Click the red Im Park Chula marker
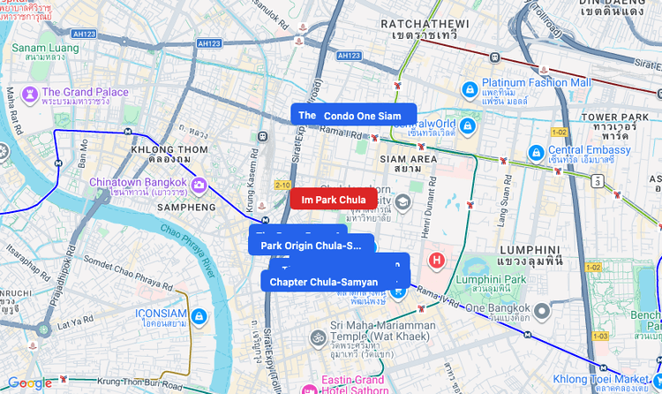pyautogui.click(x=333, y=200)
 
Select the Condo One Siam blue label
pyautogui.click(x=362, y=116)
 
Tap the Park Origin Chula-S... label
pyautogui.click(x=312, y=245)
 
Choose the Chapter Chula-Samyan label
pyautogui.click(x=324, y=282)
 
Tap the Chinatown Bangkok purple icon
pyautogui.click(x=199, y=185)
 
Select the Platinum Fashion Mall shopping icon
pyautogui.click(x=471, y=88)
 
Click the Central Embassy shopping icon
pyautogui.click(x=535, y=153)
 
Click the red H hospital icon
pyautogui.click(x=436, y=261)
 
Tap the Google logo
pyautogui.click(x=30, y=383)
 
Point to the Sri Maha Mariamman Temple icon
pyautogui.click(x=317, y=338)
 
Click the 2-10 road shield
pyautogui.click(x=282, y=185)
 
